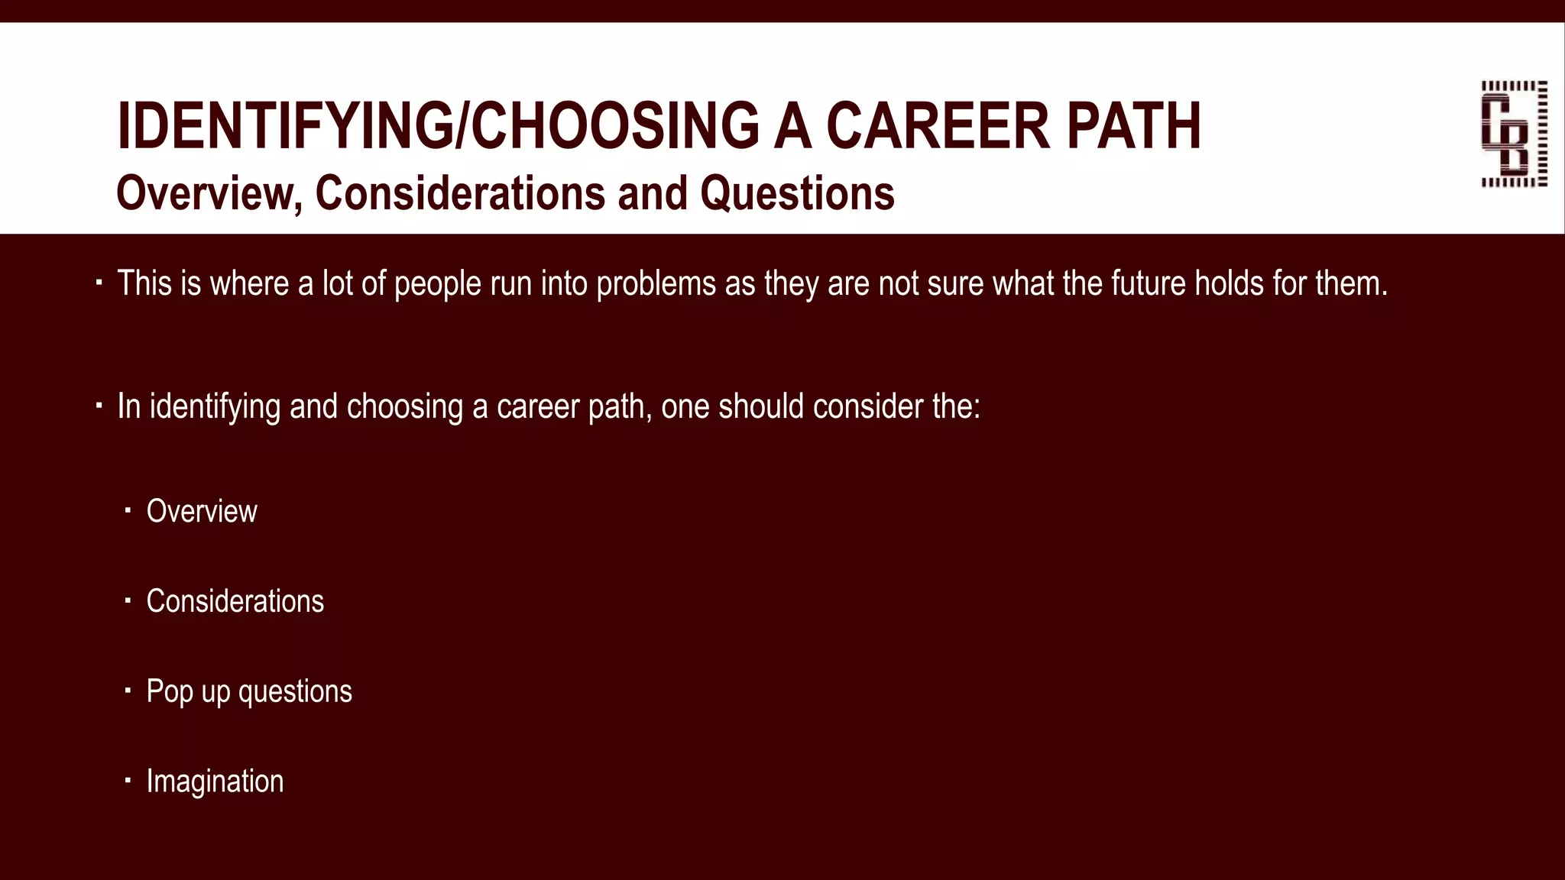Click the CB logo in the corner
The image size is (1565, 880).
pos(1514,134)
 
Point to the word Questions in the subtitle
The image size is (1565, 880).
pos(797,193)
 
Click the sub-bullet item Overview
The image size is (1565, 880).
pos(202,511)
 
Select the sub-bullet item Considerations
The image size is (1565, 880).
pos(235,601)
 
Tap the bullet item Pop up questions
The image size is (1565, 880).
pos(249,691)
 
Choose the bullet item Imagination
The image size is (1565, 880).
pos(215,781)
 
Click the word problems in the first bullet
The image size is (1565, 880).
pos(656,283)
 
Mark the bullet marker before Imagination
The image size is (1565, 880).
pos(128,781)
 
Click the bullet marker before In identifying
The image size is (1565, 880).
pos(99,406)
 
